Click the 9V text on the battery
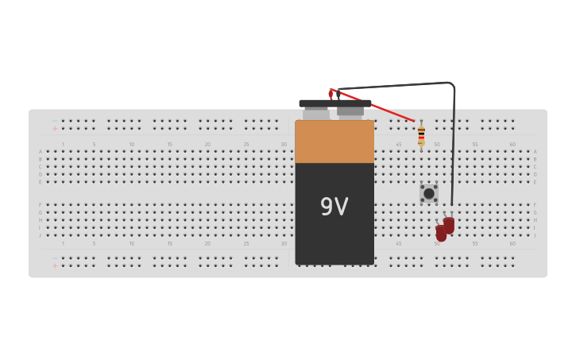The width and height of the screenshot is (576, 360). click(334, 207)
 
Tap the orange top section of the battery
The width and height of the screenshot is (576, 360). click(334, 141)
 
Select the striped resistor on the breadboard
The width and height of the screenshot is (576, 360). click(421, 136)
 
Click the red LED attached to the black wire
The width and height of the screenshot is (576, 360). click(449, 225)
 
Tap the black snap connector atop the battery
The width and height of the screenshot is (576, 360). click(334, 103)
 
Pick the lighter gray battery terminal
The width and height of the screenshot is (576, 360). click(316, 114)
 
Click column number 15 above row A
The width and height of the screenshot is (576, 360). click(169, 145)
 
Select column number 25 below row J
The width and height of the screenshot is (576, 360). click(245, 243)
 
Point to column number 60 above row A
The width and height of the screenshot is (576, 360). click(512, 145)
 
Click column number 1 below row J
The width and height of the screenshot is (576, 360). click(63, 243)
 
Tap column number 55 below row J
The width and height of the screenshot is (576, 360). click(475, 243)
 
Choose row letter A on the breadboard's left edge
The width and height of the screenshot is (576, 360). click(41, 152)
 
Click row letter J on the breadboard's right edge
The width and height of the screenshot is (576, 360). click(535, 235)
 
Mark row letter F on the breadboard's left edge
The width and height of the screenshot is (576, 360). click(41, 205)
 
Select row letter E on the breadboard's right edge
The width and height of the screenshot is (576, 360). click(535, 182)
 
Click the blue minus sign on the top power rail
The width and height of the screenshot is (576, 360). click(55, 121)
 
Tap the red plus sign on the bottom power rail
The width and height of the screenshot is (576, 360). click(55, 265)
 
